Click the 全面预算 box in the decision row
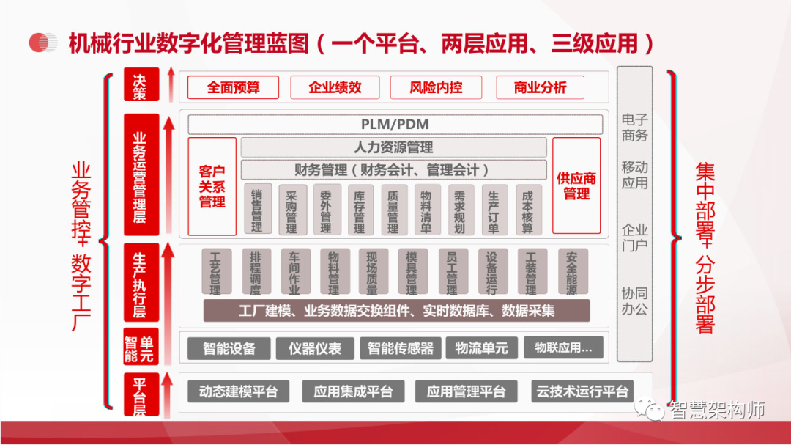point(233,88)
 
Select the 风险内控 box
point(436,88)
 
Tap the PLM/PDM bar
point(395,124)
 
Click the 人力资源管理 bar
point(393,147)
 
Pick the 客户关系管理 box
point(212,186)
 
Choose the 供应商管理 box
point(576,186)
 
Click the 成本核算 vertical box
point(528,208)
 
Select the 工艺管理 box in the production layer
point(216,272)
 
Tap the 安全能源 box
point(572,272)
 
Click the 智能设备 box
point(229,348)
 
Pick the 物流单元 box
point(481,348)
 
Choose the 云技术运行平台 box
point(582,391)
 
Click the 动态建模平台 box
point(238,391)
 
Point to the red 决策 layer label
point(140,85)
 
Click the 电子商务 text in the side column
point(634,128)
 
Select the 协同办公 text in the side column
point(634,301)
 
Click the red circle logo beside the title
point(43,43)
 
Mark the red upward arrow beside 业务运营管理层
point(168,176)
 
